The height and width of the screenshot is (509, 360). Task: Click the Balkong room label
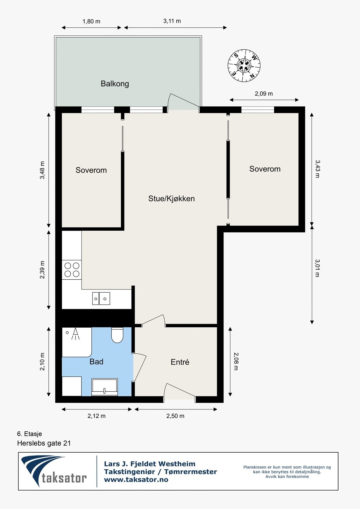pyautogui.click(x=115, y=84)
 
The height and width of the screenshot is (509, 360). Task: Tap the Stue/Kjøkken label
pyautogui.click(x=172, y=199)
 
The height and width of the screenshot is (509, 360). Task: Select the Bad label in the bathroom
pyautogui.click(x=96, y=361)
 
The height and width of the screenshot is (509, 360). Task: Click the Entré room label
pyautogui.click(x=180, y=362)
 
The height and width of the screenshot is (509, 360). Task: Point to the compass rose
pyautogui.click(x=244, y=66)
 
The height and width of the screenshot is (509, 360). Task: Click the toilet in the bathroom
pyautogui.click(x=117, y=335)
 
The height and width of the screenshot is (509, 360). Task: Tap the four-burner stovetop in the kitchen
pyautogui.click(x=72, y=270)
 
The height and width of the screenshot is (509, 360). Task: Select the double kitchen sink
pyautogui.click(x=101, y=298)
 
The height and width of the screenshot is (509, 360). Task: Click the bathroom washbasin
pyautogui.click(x=105, y=387)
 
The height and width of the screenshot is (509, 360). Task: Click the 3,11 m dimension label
pyautogui.click(x=172, y=21)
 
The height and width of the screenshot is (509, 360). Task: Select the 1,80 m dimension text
pyautogui.click(x=91, y=21)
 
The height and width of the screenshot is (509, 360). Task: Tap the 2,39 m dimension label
pyautogui.click(x=42, y=270)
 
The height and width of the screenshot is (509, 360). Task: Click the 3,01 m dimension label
pyautogui.click(x=317, y=268)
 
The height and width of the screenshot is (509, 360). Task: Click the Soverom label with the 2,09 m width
pyautogui.click(x=265, y=169)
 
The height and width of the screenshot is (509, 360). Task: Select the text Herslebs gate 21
pyautogui.click(x=44, y=443)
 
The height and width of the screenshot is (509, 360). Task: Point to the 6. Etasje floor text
pyautogui.click(x=30, y=434)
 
